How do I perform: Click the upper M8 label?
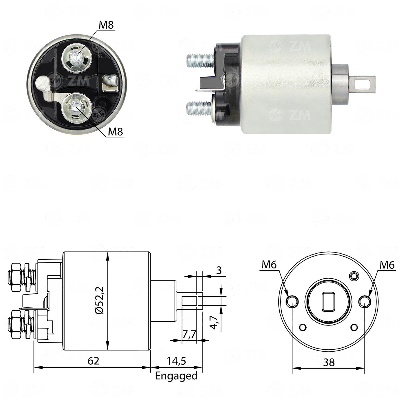pos(106,25)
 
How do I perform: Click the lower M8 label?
pos(115,132)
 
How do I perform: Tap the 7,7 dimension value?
pos(189,335)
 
